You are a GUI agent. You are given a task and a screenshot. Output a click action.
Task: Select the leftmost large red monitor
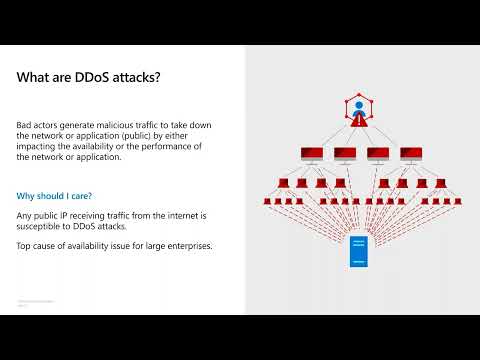[x=311, y=155]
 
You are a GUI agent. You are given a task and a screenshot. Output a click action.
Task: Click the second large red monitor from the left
[x=345, y=155]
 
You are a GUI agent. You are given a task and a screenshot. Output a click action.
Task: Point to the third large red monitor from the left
[x=378, y=155]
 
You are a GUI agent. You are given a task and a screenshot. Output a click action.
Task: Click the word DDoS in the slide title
[x=97, y=77]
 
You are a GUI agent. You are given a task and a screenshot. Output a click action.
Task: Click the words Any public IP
[x=44, y=216]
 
